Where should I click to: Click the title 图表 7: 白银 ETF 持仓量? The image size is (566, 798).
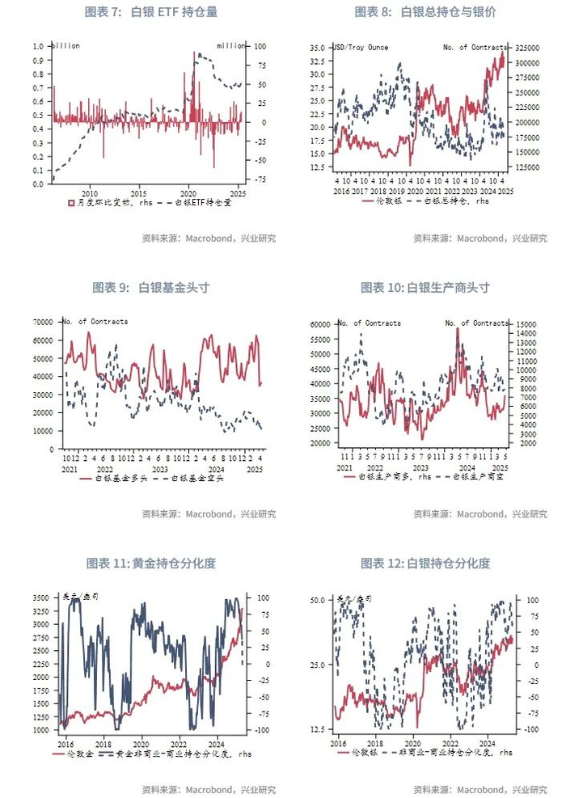click(151, 12)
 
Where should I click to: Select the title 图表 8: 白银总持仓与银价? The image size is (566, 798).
click(424, 12)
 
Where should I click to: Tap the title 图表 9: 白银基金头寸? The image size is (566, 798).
click(151, 287)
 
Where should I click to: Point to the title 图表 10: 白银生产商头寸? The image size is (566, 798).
click(424, 287)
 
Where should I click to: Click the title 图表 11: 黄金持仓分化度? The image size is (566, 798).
click(151, 564)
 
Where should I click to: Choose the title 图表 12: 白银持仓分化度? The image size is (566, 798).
click(424, 564)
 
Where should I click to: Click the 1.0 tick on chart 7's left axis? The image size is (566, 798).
click(38, 46)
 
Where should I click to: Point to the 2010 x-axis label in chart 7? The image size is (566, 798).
click(89, 193)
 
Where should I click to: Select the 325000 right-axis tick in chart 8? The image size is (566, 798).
click(526, 49)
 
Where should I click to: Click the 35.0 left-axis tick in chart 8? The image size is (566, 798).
click(318, 49)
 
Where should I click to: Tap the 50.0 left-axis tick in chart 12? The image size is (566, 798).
click(317, 600)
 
